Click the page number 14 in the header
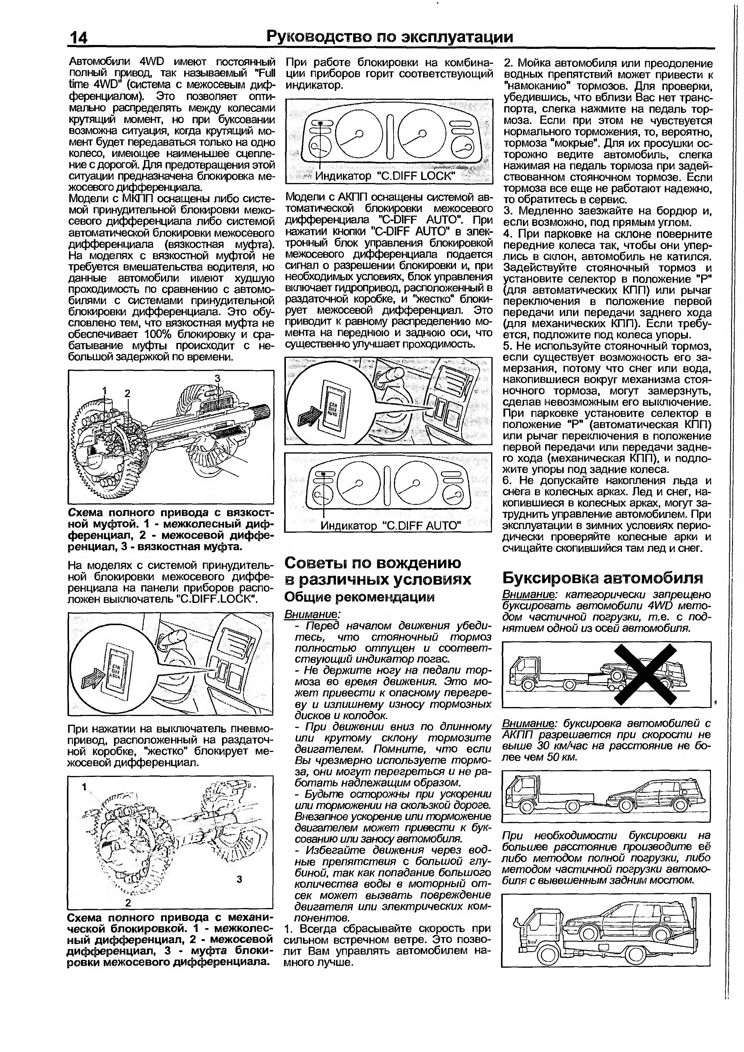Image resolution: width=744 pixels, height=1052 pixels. click(78, 37)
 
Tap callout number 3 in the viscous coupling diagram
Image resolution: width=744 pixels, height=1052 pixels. click(217, 378)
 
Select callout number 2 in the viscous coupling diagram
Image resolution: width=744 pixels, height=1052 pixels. click(127, 393)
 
